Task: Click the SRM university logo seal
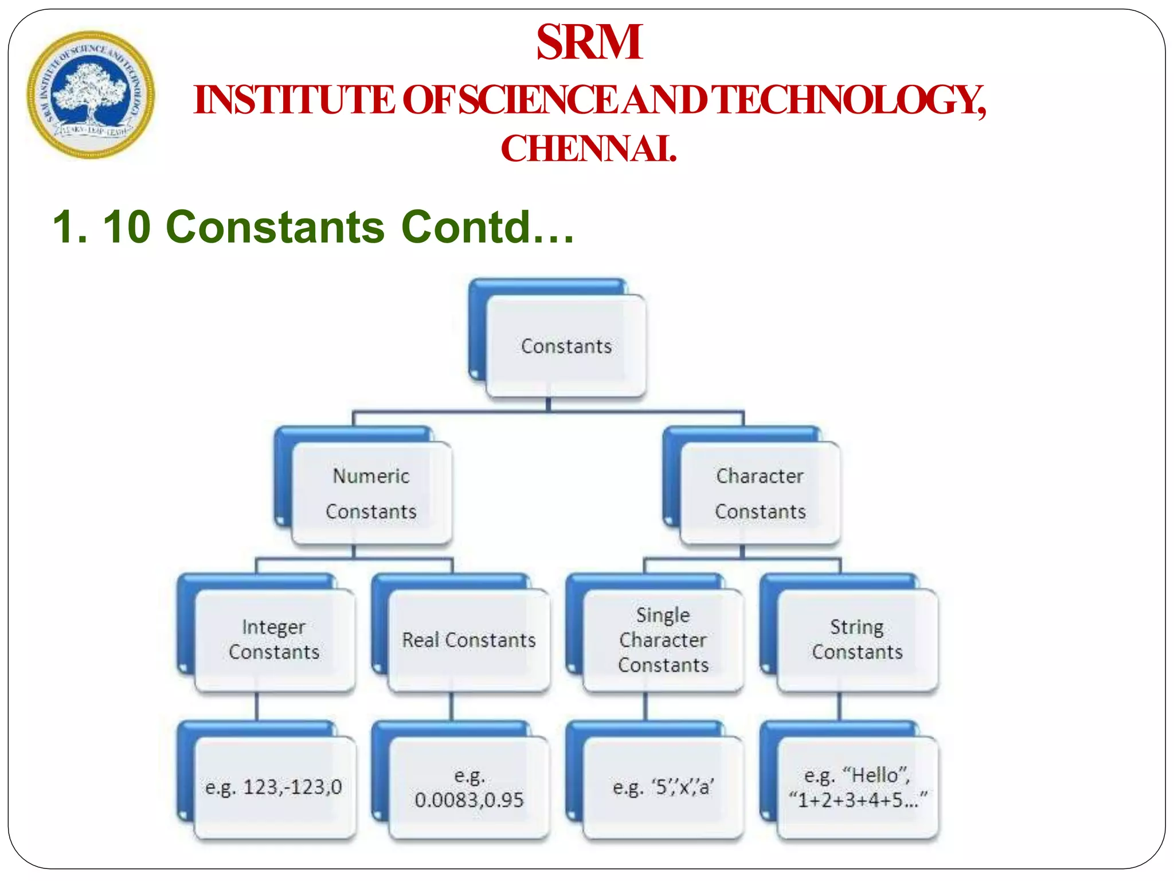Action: (91, 95)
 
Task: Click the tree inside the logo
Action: (89, 92)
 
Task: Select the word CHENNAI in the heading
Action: (589, 149)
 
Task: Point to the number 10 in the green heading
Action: (127, 227)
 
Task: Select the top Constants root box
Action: (566, 346)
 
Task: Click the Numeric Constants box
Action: (371, 494)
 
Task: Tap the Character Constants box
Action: (760, 494)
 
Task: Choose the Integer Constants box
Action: (274, 640)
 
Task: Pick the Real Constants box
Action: (468, 640)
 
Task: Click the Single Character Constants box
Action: (663, 640)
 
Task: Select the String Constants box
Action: (857, 640)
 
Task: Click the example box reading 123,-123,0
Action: (274, 787)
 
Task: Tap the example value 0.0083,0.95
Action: (469, 800)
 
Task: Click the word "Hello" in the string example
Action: (875, 775)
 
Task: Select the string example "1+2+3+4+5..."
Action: (858, 800)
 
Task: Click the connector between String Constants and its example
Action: (839, 706)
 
